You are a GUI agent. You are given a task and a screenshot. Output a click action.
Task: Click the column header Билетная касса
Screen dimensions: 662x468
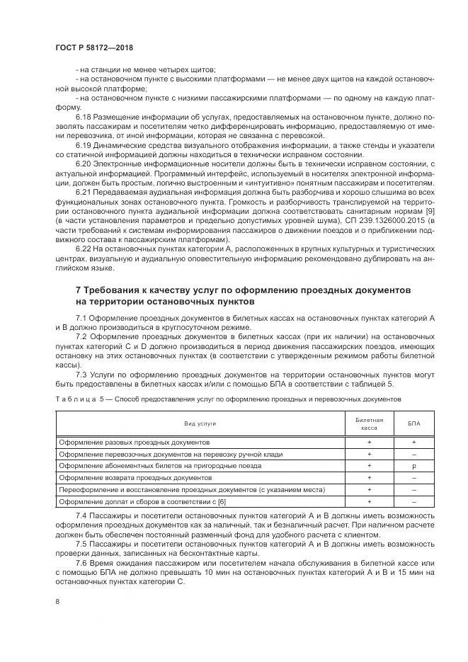pyautogui.click(x=369, y=423)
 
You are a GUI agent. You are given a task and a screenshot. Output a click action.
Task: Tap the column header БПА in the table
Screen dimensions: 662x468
pyautogui.click(x=413, y=423)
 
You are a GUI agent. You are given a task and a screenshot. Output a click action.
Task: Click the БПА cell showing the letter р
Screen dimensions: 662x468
pyautogui.click(x=413, y=466)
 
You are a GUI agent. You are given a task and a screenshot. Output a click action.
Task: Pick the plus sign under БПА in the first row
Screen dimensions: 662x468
pyautogui.click(x=413, y=441)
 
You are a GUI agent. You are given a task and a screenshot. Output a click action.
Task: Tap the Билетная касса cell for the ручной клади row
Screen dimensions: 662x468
pyautogui.click(x=369, y=454)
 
